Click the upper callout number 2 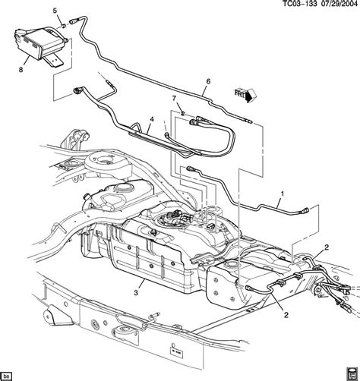[327, 247]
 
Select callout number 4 [151, 118]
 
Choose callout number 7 [174, 99]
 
